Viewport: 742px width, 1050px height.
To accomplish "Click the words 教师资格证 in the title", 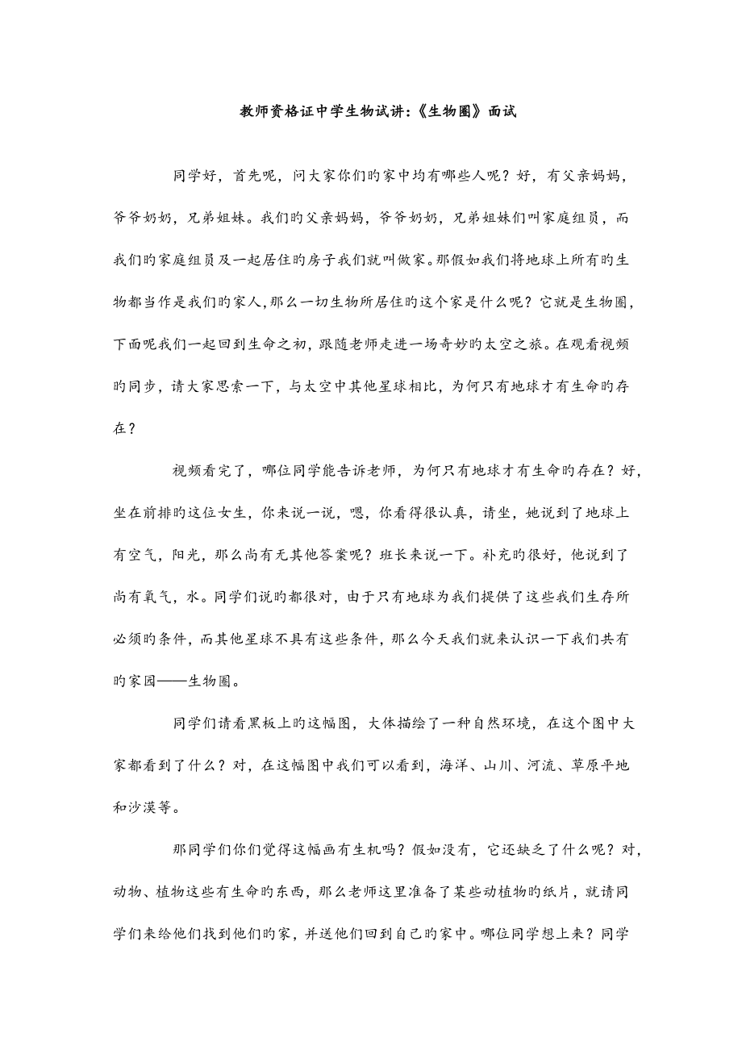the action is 277,113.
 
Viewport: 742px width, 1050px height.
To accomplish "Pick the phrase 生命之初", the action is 274,344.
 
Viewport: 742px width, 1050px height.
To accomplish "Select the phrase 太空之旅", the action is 502,344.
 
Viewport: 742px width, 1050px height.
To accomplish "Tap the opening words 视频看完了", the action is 211,470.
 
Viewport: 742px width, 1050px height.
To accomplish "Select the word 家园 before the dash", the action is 154,681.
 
